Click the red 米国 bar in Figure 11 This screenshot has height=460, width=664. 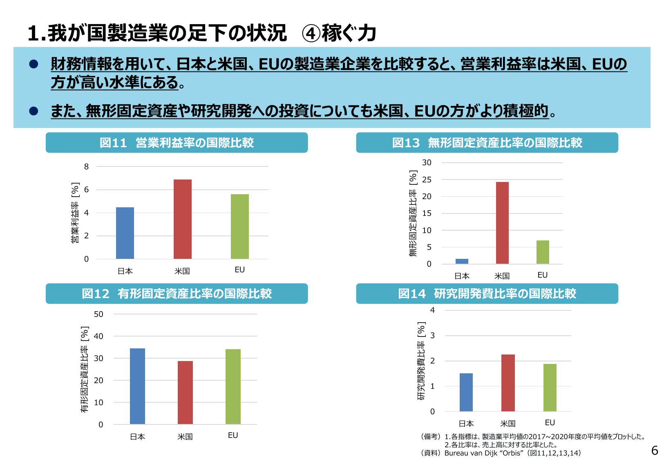coord(182,219)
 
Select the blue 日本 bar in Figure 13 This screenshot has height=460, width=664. coord(462,261)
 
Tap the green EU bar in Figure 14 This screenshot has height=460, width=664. coord(550,388)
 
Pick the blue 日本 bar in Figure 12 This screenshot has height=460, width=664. coord(137,386)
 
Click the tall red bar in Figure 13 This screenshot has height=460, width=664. coord(502,223)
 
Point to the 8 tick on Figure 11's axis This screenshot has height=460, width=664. coord(86,166)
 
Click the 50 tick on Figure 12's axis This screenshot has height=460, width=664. coord(98,314)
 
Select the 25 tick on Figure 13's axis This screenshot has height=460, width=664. coord(427,180)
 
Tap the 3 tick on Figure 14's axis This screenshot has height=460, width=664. coord(432,336)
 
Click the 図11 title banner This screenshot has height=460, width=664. coord(177,143)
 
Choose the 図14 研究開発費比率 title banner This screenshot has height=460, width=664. coord(487,294)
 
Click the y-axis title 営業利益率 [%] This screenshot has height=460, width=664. coord(75,213)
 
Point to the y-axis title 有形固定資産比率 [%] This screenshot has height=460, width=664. coord(84,369)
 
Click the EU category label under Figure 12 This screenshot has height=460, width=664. coord(233,435)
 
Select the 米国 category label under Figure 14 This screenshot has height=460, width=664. coord(508,424)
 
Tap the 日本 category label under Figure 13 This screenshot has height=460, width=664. coord(462,276)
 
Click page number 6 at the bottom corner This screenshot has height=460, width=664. coord(655,451)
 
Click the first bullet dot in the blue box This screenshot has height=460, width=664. coord(34,64)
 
